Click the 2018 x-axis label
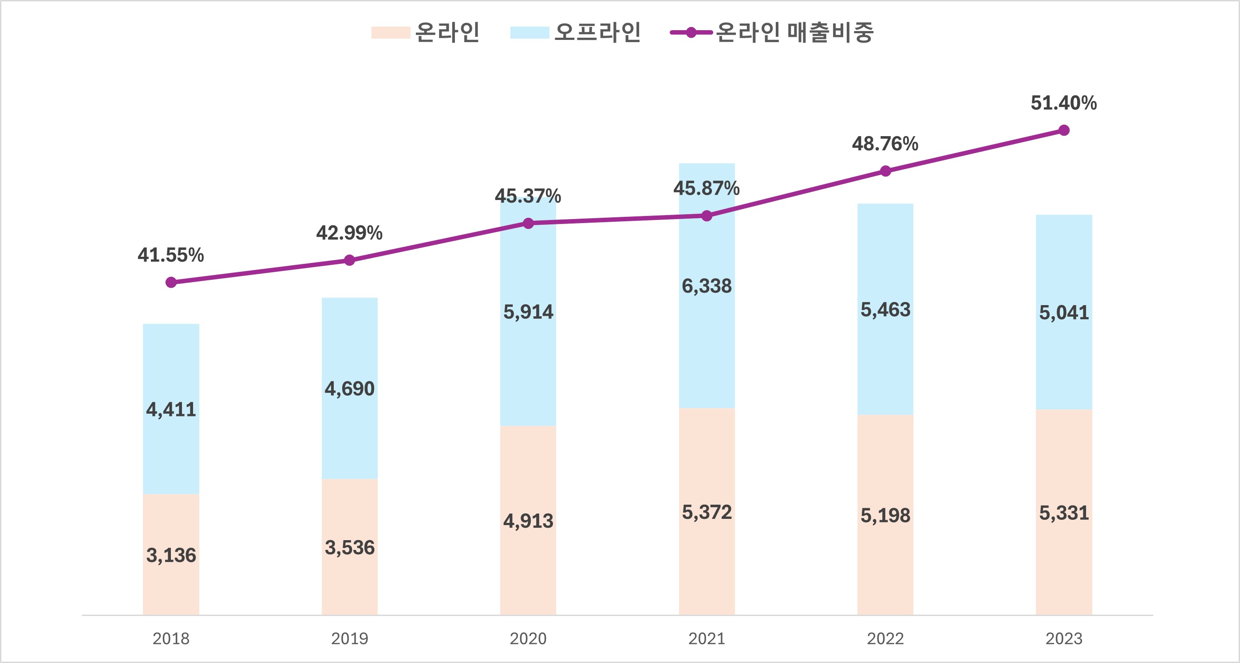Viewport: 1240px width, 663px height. [x=171, y=639]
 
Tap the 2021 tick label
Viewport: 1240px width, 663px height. [x=706, y=639]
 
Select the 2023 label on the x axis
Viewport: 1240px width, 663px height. [x=1064, y=639]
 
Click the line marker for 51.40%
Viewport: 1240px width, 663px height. [x=1064, y=130]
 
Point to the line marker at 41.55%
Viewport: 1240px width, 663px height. [x=171, y=282]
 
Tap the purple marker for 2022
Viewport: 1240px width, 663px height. [x=885, y=171]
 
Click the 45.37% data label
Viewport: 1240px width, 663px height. [x=528, y=196]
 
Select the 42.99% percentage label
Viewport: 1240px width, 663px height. [x=349, y=233]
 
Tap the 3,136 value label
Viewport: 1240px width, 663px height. [x=171, y=556]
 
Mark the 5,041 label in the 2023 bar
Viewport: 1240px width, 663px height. [x=1064, y=313]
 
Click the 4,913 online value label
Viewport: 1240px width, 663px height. [x=528, y=521]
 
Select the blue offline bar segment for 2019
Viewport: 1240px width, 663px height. [x=349, y=346]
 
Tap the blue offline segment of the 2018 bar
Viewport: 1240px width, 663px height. [x=171, y=366]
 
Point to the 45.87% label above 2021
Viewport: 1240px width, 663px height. [x=706, y=188]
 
